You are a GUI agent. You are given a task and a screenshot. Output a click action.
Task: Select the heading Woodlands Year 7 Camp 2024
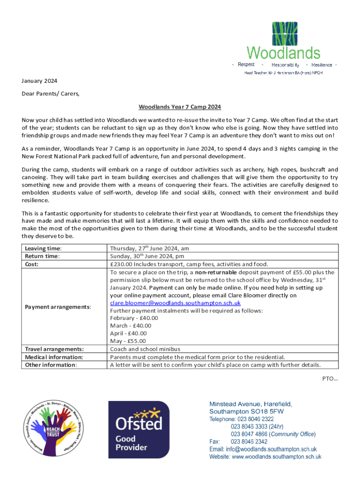click(180, 107)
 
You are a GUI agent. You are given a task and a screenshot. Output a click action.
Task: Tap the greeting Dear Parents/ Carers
click(50, 94)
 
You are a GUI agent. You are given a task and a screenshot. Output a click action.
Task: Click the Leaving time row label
click(43, 248)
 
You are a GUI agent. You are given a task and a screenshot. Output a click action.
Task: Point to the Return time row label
click(43, 256)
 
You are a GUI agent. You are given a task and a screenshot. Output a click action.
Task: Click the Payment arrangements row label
click(58, 306)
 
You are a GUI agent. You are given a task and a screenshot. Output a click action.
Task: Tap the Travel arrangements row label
click(54, 349)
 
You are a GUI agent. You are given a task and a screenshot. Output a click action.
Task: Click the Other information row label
click(51, 365)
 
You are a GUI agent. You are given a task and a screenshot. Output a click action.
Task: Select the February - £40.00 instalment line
click(134, 318)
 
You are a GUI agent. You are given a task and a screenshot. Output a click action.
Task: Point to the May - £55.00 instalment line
click(129, 341)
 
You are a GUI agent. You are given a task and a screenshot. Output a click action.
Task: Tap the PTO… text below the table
click(330, 378)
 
